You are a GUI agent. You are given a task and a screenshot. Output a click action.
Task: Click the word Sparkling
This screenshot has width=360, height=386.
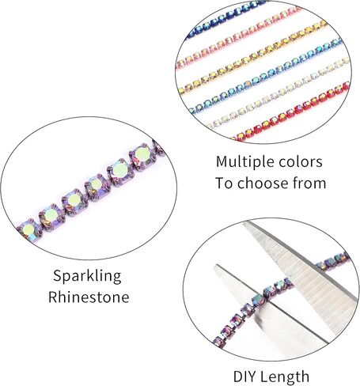(87, 276)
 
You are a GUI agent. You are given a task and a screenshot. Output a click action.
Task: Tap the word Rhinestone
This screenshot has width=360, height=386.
(89, 297)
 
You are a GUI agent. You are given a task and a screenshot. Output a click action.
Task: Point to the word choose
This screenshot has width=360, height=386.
(268, 183)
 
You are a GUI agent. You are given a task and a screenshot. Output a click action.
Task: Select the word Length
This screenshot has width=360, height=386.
(286, 376)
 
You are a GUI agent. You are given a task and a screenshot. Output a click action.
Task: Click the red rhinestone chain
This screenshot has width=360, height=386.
(290, 112)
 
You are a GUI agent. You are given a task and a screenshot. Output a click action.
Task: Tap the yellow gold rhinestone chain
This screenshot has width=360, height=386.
(252, 57)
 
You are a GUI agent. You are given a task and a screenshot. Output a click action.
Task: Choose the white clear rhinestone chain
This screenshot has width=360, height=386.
(277, 93)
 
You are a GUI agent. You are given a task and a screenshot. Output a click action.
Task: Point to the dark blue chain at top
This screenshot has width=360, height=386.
(227, 18)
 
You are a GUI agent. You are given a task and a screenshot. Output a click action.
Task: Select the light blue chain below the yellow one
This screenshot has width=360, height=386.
(267, 76)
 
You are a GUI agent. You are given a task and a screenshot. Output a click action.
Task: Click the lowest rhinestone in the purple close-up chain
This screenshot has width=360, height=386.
(28, 229)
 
